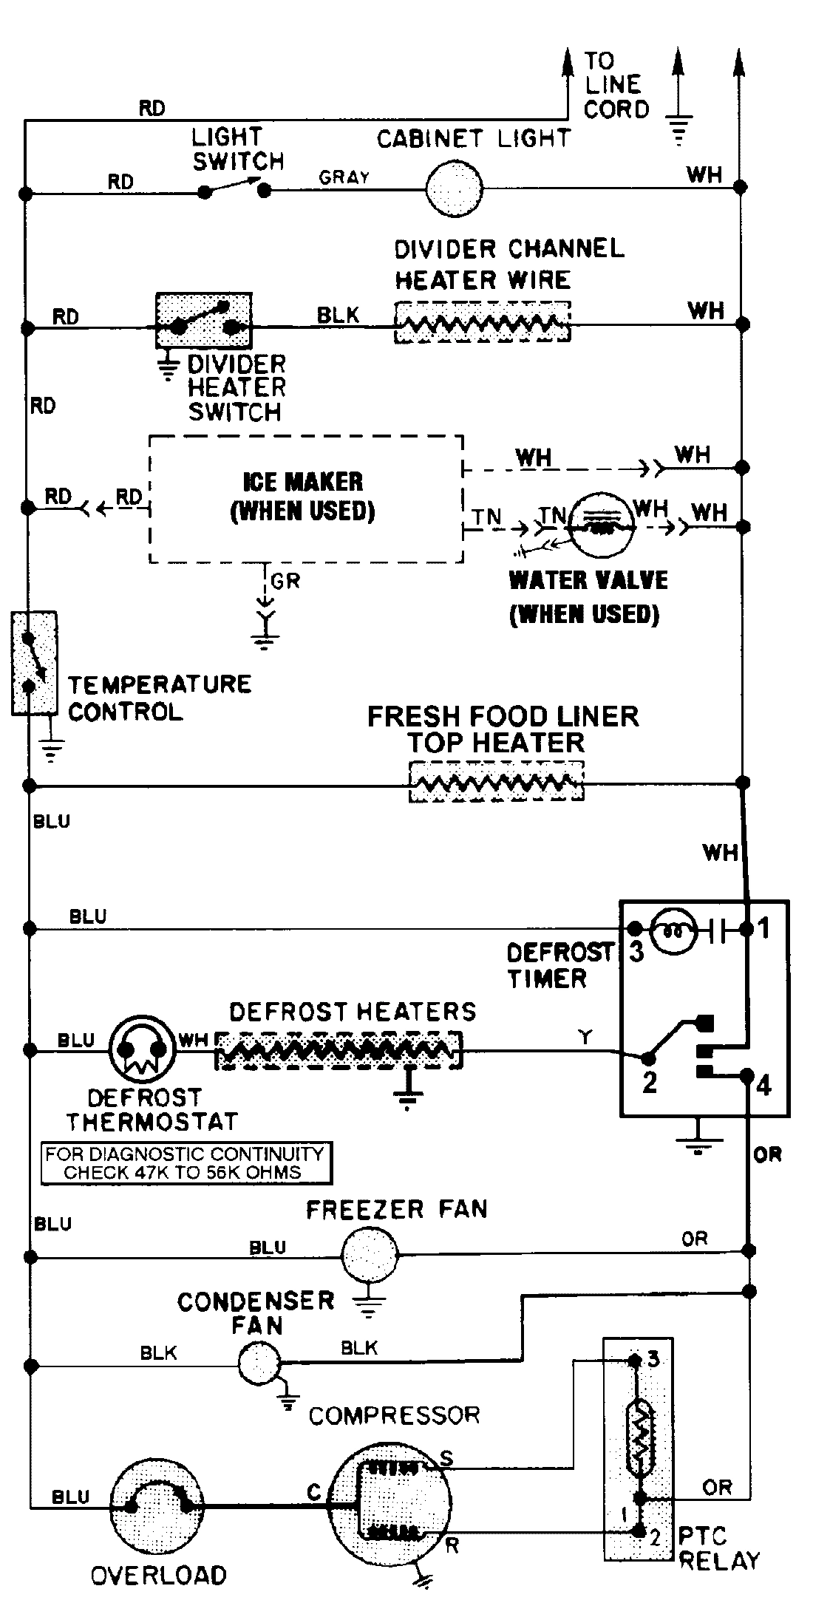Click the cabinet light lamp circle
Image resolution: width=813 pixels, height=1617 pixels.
coord(454,188)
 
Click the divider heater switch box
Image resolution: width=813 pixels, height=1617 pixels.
coord(203,320)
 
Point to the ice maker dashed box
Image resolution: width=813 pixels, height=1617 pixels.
coord(306,499)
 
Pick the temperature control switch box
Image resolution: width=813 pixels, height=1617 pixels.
coord(34,662)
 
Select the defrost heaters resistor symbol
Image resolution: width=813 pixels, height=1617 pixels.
coord(339,1050)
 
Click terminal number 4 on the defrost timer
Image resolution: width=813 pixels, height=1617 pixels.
coord(763,1086)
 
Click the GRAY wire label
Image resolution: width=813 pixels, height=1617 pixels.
coord(344,177)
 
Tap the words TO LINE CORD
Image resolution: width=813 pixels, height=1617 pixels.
coord(615,85)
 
